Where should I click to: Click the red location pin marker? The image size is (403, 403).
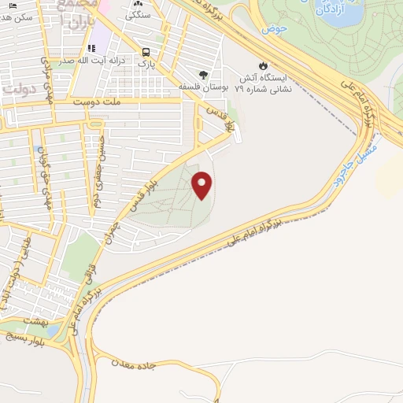tap(202, 185)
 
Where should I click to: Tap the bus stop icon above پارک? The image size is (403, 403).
tap(146, 53)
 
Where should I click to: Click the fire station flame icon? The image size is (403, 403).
tap(264, 66)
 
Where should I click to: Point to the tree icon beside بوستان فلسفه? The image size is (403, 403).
tap(203, 76)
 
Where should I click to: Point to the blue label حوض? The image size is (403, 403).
tap(275, 28)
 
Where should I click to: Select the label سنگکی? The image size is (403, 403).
tap(139, 14)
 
